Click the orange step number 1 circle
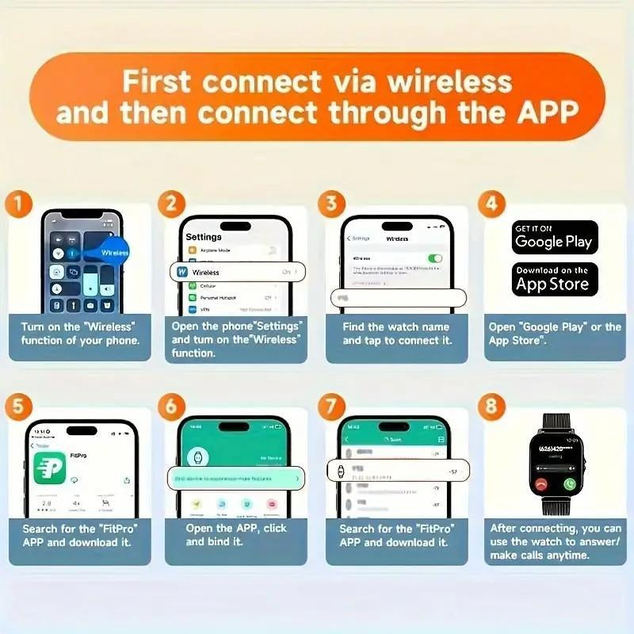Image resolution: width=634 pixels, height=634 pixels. tap(19, 204)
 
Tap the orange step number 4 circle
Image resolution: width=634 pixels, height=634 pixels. tap(491, 204)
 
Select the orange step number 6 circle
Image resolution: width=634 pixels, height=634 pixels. tap(171, 407)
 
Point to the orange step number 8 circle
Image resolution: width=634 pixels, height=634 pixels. tap(491, 407)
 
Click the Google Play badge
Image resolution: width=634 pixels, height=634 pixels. tap(554, 237)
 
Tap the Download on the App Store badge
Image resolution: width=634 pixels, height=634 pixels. tap(554, 279)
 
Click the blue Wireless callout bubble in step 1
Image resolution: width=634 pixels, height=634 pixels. tap(111, 253)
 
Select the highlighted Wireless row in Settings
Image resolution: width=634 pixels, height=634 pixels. tap(237, 272)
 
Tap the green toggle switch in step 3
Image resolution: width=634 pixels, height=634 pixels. tap(434, 258)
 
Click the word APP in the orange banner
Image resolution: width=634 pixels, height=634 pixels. tap(542, 113)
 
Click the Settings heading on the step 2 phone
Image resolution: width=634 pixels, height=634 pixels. tap(204, 237)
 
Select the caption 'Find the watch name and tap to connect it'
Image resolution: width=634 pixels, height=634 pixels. tap(396, 334)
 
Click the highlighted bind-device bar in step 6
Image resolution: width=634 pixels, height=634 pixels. tap(237, 478)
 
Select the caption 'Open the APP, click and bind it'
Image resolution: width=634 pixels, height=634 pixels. tap(237, 535)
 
